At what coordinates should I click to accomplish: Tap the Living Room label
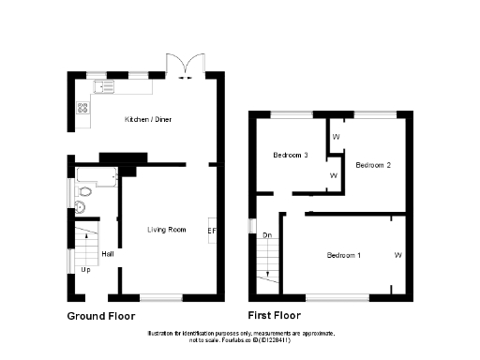click(x=165, y=229)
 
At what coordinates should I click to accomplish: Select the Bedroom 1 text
click(x=342, y=255)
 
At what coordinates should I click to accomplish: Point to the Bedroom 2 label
click(x=372, y=165)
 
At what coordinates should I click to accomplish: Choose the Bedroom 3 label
click(x=291, y=155)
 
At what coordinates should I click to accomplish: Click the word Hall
click(x=108, y=253)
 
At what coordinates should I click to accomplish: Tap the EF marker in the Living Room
click(x=211, y=231)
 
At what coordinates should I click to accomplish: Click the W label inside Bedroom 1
click(x=397, y=255)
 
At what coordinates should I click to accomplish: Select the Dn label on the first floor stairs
click(x=267, y=234)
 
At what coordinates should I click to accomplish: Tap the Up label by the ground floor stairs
click(x=85, y=270)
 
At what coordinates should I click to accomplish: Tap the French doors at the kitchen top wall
click(x=185, y=66)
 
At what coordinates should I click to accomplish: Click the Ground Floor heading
click(x=100, y=316)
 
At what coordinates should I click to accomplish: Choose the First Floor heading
click(x=275, y=316)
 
